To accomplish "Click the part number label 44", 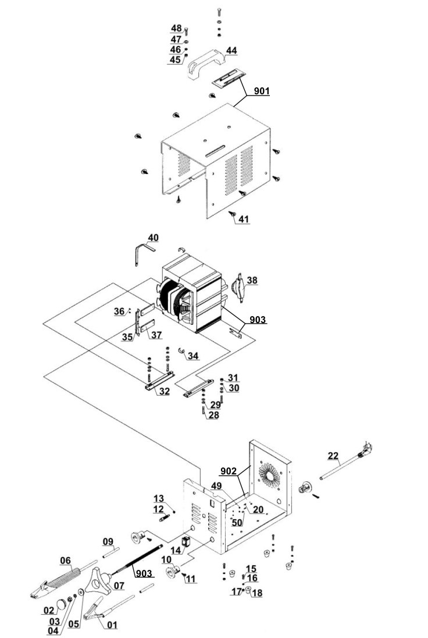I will point(231,51).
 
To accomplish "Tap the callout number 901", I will point(261,91).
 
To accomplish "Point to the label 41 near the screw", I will point(244,219).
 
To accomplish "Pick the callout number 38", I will point(251,280).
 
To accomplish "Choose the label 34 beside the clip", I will point(192,355).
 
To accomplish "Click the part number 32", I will point(165,391).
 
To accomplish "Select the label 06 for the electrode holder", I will point(66,560).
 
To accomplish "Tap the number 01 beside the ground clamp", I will point(111,625).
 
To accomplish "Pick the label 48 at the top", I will point(176,29).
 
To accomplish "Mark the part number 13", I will point(159,498).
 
